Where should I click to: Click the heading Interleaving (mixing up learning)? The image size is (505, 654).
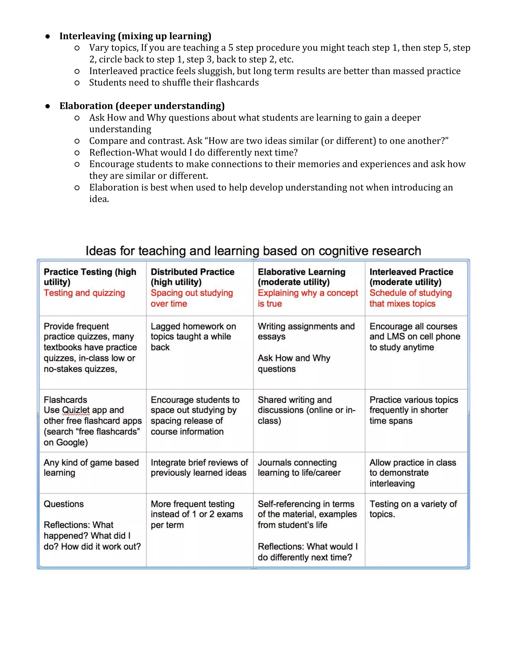click(x=135, y=36)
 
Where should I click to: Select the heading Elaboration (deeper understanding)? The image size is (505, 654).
click(x=142, y=106)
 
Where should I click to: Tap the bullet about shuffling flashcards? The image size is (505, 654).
click(x=174, y=82)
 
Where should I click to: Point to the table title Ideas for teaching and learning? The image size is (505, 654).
click(x=253, y=251)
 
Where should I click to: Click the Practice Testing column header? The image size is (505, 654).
click(x=90, y=277)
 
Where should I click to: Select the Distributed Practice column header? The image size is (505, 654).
click(x=192, y=277)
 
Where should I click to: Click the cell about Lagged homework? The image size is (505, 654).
click(x=193, y=337)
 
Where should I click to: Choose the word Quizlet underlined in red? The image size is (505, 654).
click(x=76, y=410)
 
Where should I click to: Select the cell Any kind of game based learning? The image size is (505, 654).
click(x=91, y=467)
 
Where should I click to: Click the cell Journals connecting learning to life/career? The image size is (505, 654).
click(x=299, y=467)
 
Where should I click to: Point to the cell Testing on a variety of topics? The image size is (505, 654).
click(x=413, y=509)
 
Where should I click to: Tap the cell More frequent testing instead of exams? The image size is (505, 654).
click(x=197, y=514)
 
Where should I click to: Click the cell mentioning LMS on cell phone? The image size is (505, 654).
click(x=415, y=337)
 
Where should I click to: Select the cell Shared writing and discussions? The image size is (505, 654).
click(x=306, y=410)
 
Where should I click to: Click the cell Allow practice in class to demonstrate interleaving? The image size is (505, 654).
click(x=413, y=473)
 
